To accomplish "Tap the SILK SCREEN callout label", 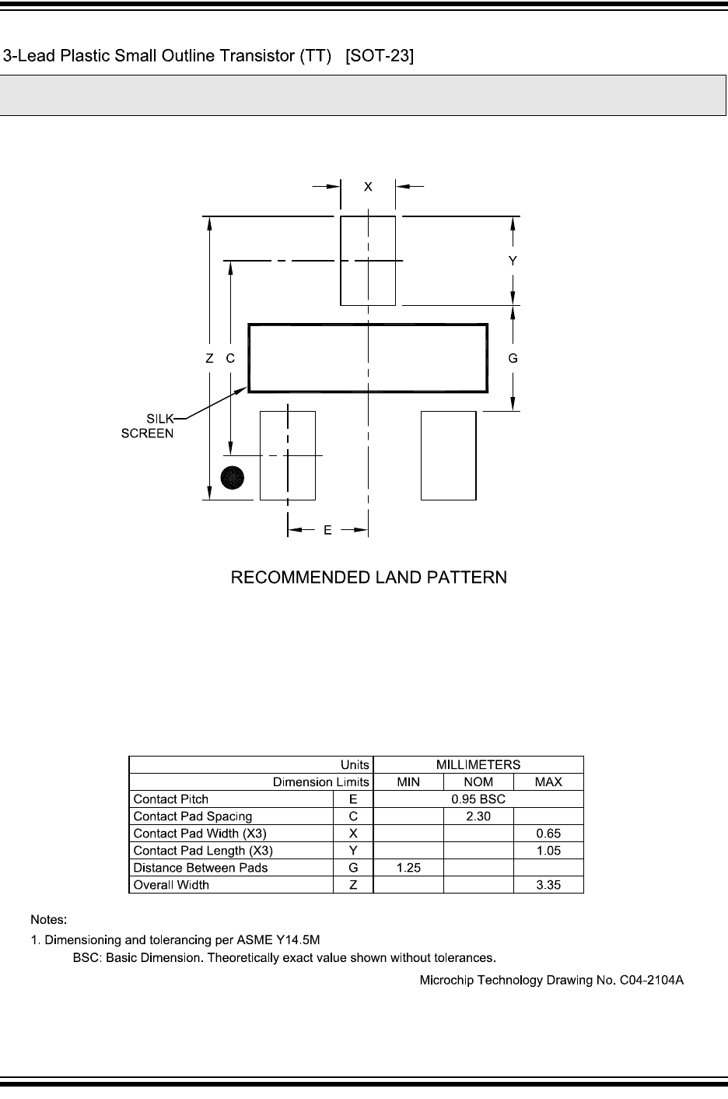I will click(x=147, y=426).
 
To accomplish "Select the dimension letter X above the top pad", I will click(x=369, y=187).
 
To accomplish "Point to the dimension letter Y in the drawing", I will click(x=513, y=262).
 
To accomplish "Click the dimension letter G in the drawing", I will click(x=513, y=359).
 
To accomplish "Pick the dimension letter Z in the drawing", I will click(x=209, y=359).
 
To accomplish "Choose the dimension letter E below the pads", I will click(x=327, y=530).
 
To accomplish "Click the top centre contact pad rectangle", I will click(x=368, y=261).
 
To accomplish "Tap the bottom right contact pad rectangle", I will click(x=448, y=455).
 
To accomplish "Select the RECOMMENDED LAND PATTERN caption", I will click(x=369, y=578).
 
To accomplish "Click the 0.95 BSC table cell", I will click(x=478, y=799).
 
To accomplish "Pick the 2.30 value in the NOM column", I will click(x=478, y=816).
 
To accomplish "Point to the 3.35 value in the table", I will click(x=548, y=885).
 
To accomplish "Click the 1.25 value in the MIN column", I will click(x=408, y=868).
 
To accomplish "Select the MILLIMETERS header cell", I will click(x=478, y=764).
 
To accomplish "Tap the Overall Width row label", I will click(x=171, y=885).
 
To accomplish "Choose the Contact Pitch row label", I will click(x=171, y=799).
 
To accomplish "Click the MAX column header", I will click(x=548, y=782).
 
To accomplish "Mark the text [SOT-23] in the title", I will click(x=380, y=56).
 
